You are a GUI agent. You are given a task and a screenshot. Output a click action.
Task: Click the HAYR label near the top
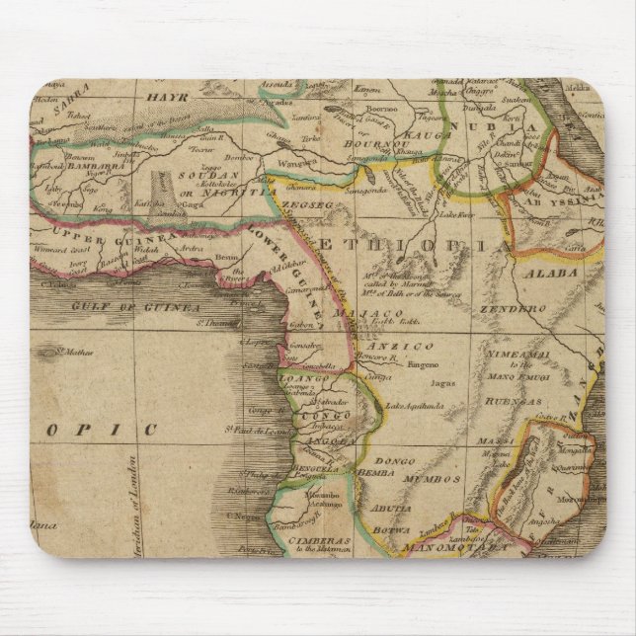165,98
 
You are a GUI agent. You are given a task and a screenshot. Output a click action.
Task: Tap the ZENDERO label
513,309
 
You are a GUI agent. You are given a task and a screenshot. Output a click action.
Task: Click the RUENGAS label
517,402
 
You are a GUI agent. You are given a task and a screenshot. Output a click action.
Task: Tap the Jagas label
442,379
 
